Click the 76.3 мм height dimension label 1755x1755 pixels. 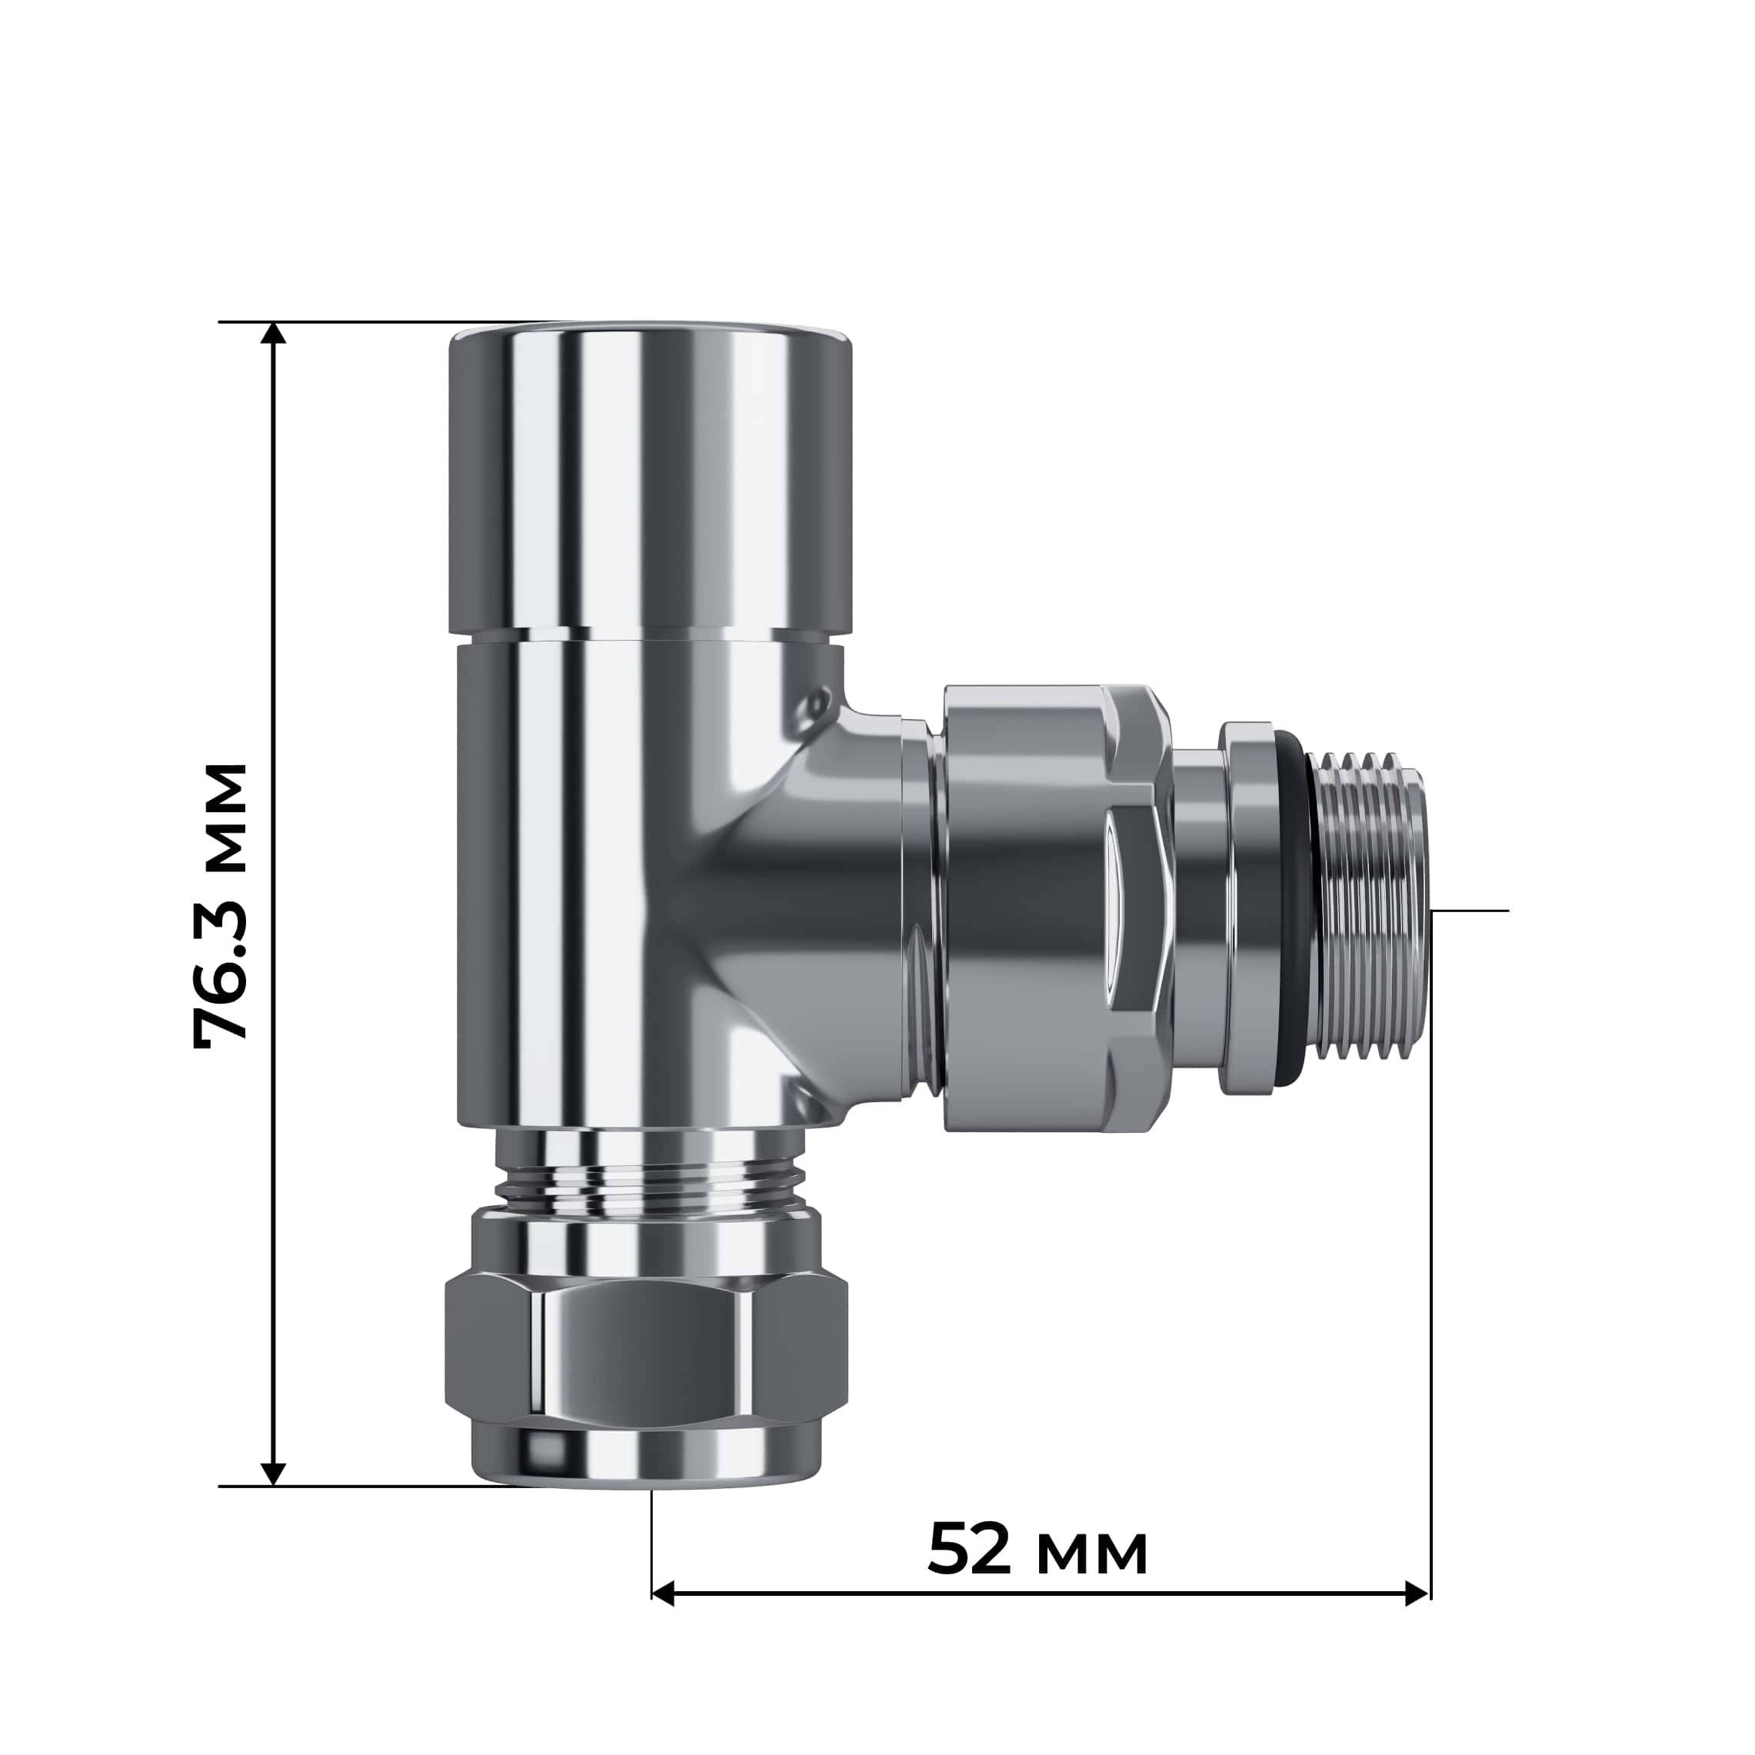click(x=221, y=906)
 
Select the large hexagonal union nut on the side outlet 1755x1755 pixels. click(x=1054, y=908)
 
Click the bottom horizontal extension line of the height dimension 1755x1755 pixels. click(x=363, y=1486)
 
